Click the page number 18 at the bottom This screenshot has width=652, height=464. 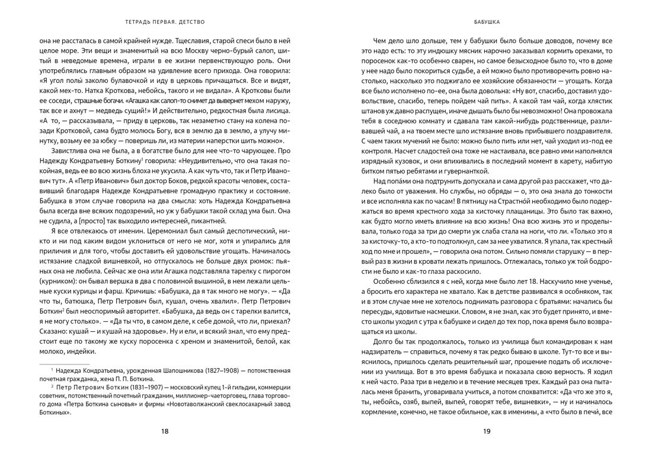click(x=165, y=431)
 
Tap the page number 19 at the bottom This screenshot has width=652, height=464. click(x=487, y=431)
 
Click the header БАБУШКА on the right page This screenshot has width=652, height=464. click(x=487, y=24)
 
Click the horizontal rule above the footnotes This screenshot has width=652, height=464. click(x=64, y=362)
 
